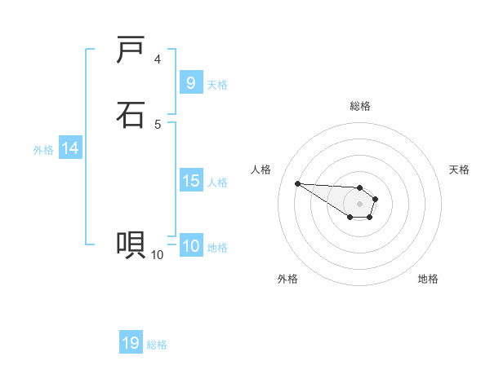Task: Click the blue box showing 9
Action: click(190, 82)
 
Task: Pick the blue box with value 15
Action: click(190, 181)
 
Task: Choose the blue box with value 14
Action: click(70, 148)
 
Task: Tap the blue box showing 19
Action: click(131, 343)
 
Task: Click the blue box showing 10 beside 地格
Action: click(190, 246)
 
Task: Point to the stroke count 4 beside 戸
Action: click(158, 59)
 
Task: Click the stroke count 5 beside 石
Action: click(158, 124)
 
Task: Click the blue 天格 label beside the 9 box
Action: click(217, 85)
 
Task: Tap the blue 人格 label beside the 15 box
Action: click(217, 183)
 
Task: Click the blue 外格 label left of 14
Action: click(43, 150)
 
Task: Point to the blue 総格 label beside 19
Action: click(157, 345)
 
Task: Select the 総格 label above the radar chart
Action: click(360, 106)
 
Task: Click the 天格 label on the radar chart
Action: click(459, 169)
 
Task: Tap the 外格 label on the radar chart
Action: click(287, 279)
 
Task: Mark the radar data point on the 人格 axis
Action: click(297, 183)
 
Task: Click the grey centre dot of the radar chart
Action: click(360, 204)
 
